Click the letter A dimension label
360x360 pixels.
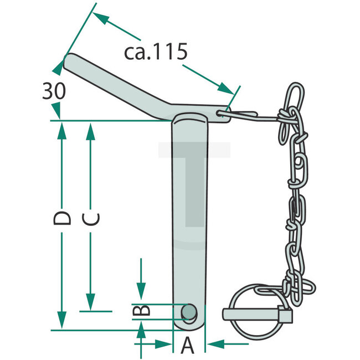[x=188, y=346]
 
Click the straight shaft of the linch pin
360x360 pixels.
[x=258, y=314]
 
